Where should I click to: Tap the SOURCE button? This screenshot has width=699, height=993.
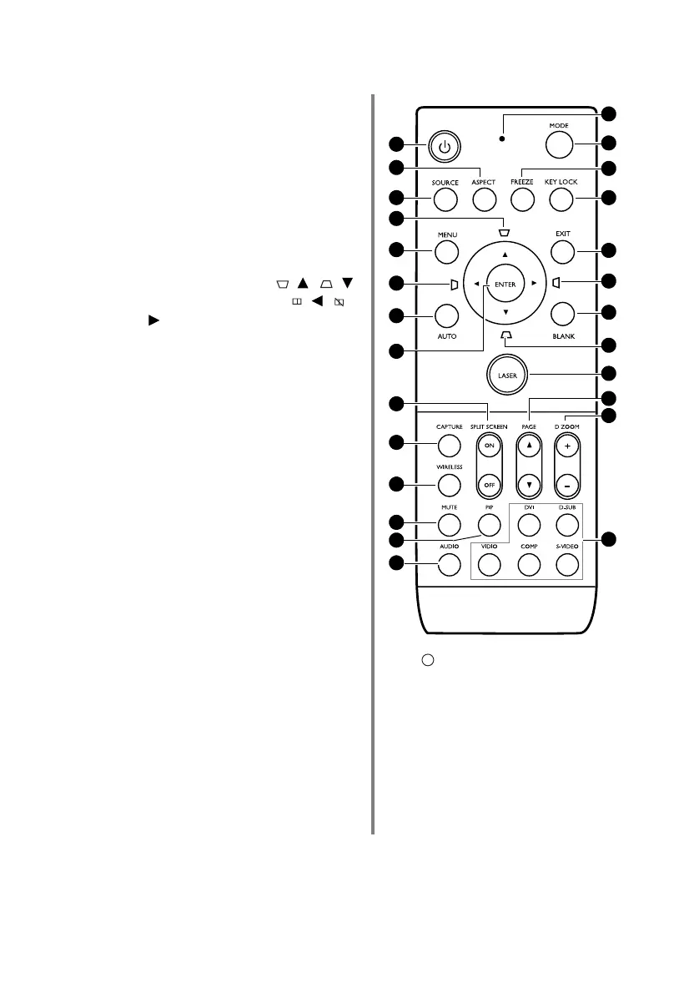tap(445, 199)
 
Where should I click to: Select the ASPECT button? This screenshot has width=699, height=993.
tap(483, 199)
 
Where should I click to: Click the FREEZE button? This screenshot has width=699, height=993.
tap(522, 199)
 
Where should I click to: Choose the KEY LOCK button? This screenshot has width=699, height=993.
tap(561, 199)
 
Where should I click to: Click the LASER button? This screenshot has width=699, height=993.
tap(508, 375)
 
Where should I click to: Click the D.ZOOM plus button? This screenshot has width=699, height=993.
tap(567, 446)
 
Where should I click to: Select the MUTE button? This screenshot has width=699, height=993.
tap(448, 523)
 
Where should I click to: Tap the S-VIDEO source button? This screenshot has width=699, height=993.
tap(567, 564)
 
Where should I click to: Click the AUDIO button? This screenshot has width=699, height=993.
tap(448, 564)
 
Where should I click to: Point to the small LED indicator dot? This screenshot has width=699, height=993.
tap(501, 138)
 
